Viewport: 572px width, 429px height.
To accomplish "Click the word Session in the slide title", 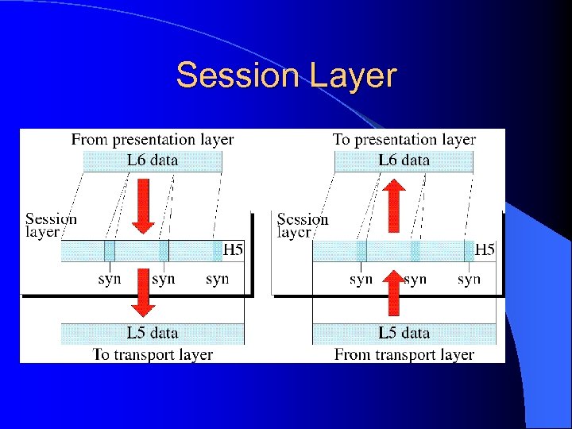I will pos(231,76).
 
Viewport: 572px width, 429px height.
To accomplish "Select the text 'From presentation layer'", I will pos(153,140).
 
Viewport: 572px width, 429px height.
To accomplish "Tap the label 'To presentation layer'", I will pos(404,140).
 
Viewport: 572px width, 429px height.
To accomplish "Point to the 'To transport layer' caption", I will pos(153,354).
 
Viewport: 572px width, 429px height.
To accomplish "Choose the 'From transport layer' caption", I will pos(404,354).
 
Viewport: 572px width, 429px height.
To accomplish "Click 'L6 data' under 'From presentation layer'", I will pos(153,160).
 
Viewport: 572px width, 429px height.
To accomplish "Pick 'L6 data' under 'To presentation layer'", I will pos(404,160).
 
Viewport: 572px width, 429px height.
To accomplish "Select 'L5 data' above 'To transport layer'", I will pos(153,333).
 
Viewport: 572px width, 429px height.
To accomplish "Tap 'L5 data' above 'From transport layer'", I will pos(404,333).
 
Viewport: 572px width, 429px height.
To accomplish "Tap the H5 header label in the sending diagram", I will pos(233,250).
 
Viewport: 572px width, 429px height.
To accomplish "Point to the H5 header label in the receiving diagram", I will pos(485,250).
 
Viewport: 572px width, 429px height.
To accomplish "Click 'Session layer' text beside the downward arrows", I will pos(51,225).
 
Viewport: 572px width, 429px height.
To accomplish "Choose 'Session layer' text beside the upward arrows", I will pos(303,225).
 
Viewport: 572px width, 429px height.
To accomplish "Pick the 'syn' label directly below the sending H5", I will pos(217,279).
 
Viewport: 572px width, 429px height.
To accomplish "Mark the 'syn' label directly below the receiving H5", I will pos(469,279).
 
